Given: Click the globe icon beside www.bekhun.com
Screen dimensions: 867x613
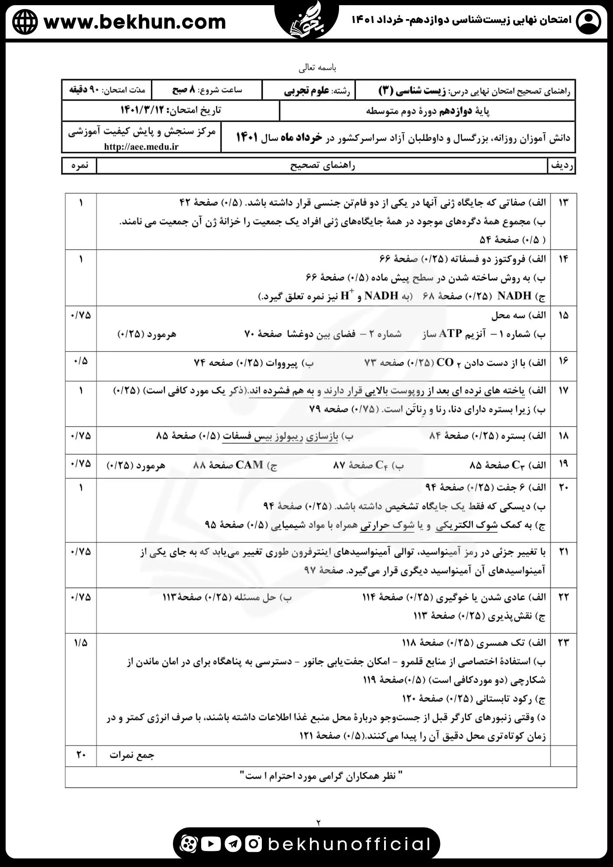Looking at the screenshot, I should click(x=25, y=22).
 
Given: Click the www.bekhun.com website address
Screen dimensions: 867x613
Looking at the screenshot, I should click(x=135, y=22).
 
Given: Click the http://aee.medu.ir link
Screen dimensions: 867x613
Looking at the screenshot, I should click(x=141, y=147).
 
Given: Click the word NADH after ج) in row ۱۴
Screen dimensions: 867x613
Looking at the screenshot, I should click(x=514, y=296).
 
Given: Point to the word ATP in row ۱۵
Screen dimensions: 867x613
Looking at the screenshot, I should click(x=450, y=333).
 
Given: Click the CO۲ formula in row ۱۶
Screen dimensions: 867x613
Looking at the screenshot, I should click(x=444, y=363).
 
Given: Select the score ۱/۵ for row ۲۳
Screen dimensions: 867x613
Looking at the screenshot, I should click(x=81, y=642).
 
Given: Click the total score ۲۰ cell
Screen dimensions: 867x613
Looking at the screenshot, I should click(x=81, y=755).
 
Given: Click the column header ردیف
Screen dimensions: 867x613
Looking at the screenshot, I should click(x=562, y=166).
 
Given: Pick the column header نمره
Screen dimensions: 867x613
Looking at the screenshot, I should click(x=79, y=166).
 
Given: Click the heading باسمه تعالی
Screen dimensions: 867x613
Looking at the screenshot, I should click(x=317, y=68).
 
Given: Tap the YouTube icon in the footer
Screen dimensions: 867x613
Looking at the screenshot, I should click(x=211, y=844).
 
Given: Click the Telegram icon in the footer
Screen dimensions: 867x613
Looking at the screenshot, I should click(x=233, y=844).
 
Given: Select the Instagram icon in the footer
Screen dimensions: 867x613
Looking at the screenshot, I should click(x=254, y=844).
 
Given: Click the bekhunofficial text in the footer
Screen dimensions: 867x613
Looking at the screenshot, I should click(x=349, y=844).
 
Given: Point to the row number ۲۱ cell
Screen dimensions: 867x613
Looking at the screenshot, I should click(x=563, y=552).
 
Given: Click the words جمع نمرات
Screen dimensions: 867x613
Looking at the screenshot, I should click(x=132, y=755).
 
